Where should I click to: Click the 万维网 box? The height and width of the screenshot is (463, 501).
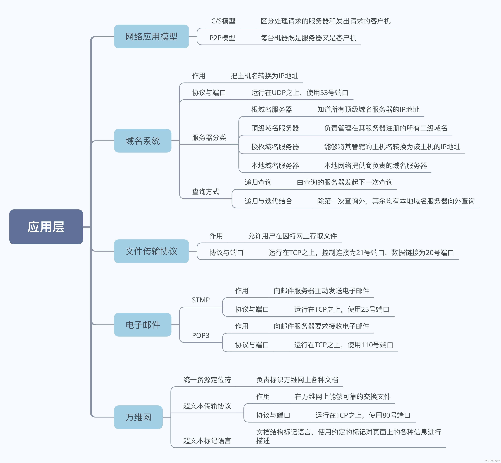point(138,417)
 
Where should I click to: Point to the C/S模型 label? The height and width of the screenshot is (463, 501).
point(223,21)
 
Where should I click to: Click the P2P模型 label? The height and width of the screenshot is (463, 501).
point(222,38)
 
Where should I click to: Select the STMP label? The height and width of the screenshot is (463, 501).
point(201,300)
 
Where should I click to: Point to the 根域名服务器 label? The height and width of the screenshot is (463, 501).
point(272,109)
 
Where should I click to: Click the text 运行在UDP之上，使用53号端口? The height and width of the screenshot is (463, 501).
point(300,93)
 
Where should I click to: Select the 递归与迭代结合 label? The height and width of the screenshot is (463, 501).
point(268,201)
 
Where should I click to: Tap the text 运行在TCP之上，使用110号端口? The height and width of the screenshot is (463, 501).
point(344,345)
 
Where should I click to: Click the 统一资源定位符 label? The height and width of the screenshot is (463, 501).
point(207,380)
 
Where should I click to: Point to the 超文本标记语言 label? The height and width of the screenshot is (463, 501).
point(207,441)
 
